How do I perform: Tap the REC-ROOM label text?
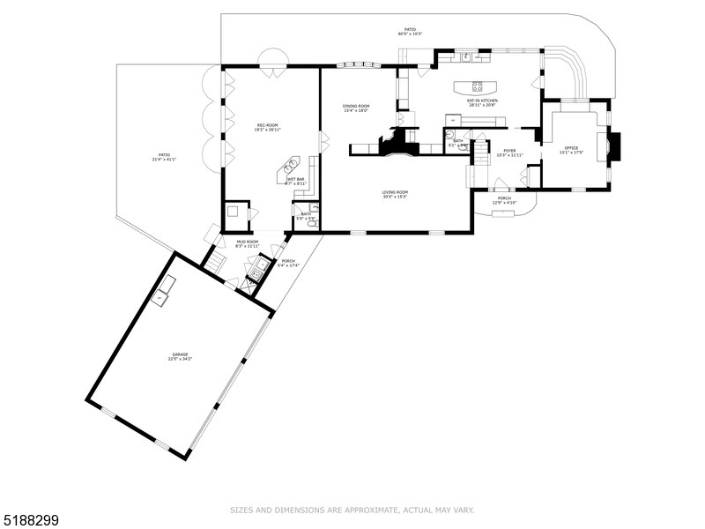(268, 125)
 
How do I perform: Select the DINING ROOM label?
(356, 106)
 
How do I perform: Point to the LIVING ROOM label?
(395, 191)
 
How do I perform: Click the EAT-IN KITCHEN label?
(482, 101)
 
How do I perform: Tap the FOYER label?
(508, 150)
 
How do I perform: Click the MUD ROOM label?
(247, 241)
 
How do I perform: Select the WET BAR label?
(294, 179)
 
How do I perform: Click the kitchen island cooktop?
(478, 86)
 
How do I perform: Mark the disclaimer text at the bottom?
(352, 510)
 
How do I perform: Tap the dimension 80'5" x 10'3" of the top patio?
(410, 34)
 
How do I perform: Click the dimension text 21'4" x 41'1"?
(165, 160)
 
